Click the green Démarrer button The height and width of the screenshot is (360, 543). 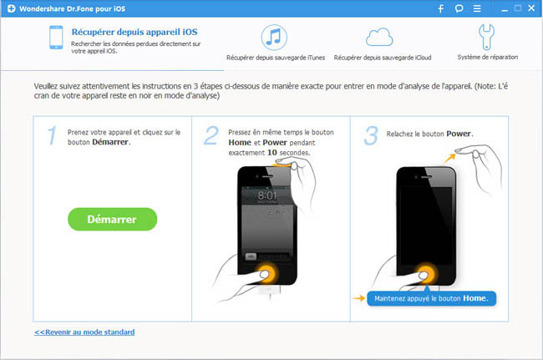pos(112,219)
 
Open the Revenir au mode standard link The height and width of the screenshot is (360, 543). pos(84,332)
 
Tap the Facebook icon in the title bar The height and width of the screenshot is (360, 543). pos(441,8)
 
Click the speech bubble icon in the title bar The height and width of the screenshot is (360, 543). pos(459,8)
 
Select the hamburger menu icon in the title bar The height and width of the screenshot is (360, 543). pos(477,8)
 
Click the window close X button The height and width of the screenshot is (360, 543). pos(531,8)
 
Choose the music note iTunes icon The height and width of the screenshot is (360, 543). pos(274,37)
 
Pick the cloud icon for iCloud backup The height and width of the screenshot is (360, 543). pos(379,38)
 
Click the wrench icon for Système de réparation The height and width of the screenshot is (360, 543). pos(486,37)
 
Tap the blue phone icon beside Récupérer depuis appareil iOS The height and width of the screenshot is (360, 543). pos(56,38)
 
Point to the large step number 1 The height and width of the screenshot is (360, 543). pos(52,135)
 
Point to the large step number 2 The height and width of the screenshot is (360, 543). pos(211,135)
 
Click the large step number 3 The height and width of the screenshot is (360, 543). pos(371,135)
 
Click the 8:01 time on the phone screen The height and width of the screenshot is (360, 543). pos(267,195)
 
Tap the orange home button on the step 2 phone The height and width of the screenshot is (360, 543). pos(266,273)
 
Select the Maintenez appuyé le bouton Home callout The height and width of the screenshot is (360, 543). pos(432,298)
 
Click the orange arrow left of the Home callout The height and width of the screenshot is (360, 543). pos(358,298)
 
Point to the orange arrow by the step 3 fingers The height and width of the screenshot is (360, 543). pos(449,158)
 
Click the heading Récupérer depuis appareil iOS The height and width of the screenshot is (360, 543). pos(134,32)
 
